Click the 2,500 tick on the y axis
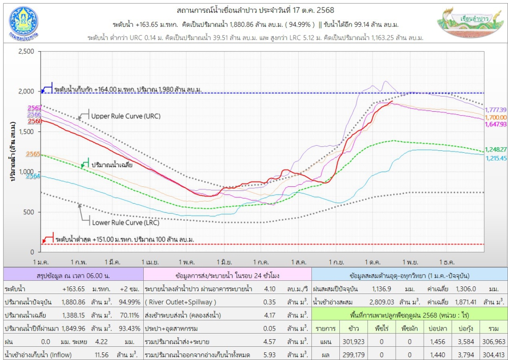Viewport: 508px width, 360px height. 25,51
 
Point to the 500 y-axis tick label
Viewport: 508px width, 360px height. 28,212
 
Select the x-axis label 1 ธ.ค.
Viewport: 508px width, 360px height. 446,261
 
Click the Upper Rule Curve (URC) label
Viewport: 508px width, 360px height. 125,116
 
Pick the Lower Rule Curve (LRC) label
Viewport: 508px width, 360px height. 125,222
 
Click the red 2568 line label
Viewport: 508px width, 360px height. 35,121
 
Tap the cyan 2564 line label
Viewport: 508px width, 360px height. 34,176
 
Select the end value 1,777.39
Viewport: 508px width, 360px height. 496,110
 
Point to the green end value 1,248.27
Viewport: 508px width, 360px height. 496,150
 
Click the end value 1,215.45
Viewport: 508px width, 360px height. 496,158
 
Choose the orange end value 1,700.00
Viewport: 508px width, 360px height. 496,117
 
